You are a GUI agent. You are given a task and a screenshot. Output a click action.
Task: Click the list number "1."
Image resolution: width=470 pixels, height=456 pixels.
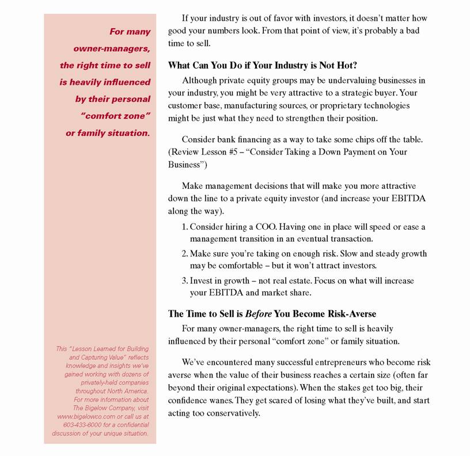185,227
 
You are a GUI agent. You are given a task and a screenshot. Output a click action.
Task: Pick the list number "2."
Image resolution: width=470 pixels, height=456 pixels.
185,254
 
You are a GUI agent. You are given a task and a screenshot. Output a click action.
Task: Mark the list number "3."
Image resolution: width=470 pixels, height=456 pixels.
185,281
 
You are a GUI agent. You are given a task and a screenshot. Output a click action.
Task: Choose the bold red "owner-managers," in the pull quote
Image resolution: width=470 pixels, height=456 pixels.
112,48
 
